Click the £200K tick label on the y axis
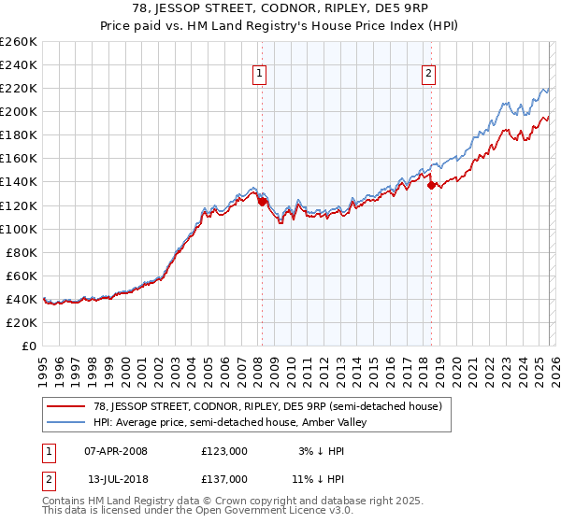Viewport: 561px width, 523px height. (19, 111)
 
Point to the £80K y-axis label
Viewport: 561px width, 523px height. (22, 252)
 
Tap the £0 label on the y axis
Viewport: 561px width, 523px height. (29, 346)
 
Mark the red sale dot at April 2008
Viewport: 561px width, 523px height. (262, 201)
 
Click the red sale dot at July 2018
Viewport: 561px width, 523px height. (431, 185)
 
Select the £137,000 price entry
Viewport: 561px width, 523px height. (223, 478)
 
